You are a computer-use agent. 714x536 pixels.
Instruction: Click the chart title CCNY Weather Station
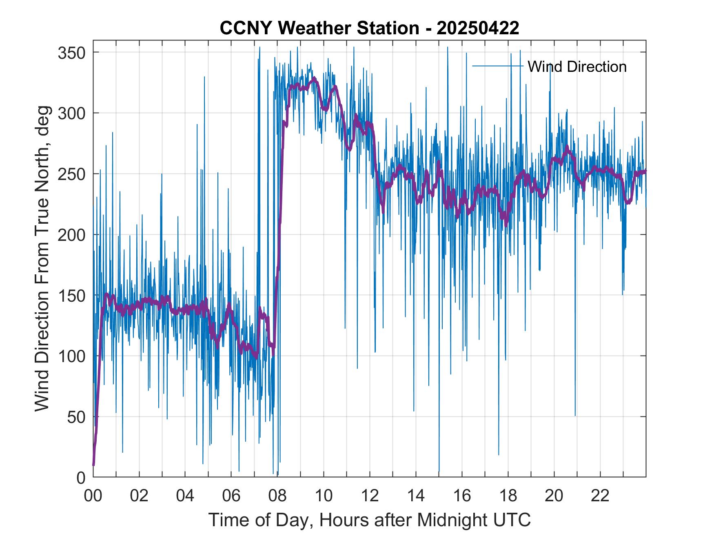pyautogui.click(x=369, y=28)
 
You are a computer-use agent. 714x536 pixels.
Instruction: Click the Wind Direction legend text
pyautogui.click(x=577, y=66)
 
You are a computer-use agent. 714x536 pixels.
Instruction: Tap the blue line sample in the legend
pyautogui.click(x=497, y=66)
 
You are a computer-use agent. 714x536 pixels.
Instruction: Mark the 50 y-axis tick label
pyautogui.click(x=76, y=417)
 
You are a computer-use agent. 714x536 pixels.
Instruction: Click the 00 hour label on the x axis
pyautogui.click(x=93, y=496)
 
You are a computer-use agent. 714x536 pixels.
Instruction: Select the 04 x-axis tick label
pyautogui.click(x=185, y=496)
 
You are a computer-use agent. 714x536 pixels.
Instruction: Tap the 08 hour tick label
pyautogui.click(x=277, y=496)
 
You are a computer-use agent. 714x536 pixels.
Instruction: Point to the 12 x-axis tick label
pyautogui.click(x=370, y=496)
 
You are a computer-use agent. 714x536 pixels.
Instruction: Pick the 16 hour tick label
pyautogui.click(x=462, y=496)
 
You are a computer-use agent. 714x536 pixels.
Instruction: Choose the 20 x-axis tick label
pyautogui.click(x=554, y=496)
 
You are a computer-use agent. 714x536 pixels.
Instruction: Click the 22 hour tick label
pyautogui.click(x=600, y=496)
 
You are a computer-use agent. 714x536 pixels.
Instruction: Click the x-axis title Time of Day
pyautogui.click(x=369, y=520)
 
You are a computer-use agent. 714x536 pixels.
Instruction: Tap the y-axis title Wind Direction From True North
pyautogui.click(x=42, y=258)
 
